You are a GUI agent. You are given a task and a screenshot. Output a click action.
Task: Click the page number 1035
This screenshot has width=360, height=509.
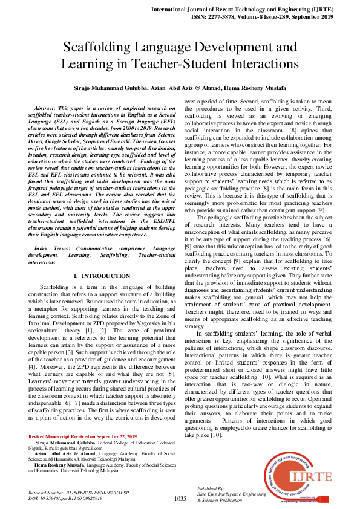tap(180, 498)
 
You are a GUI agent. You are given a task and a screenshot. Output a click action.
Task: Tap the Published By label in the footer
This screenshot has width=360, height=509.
tap(211, 488)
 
